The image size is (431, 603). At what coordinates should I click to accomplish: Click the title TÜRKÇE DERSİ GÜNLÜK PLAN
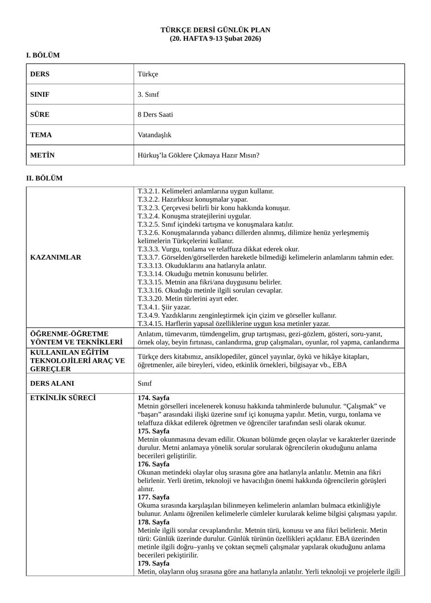(215, 30)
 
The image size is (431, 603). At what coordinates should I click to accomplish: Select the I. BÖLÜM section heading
(43, 56)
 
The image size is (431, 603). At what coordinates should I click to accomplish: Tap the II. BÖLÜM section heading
(44, 179)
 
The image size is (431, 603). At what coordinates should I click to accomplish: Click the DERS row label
(40, 74)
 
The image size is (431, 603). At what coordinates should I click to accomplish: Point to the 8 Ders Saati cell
(155, 115)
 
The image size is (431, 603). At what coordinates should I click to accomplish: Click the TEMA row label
(41, 135)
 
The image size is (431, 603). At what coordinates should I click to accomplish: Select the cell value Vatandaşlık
(154, 135)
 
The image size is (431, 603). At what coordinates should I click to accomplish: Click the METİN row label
(42, 155)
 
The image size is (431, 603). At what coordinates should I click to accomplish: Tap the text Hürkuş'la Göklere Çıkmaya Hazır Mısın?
(198, 155)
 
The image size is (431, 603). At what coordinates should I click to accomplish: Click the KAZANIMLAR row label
(56, 257)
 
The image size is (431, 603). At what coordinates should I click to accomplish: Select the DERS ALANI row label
(52, 383)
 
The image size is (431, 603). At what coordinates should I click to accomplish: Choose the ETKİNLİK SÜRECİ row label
(63, 398)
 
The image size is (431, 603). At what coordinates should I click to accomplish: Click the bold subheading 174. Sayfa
(153, 398)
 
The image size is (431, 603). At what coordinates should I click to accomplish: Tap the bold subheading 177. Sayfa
(153, 497)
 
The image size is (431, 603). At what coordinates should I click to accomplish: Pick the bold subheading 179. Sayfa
(153, 563)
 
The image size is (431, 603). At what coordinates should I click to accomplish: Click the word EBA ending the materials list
(340, 365)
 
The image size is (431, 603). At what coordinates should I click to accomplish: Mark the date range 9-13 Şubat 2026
(237, 39)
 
